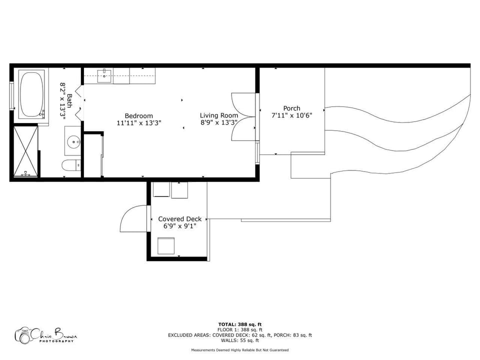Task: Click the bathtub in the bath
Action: pos(31,93)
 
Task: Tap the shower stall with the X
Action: pos(26,151)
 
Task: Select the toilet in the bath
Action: pos(71,165)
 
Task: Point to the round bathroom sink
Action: pos(74,141)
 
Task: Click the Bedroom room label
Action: pos(138,116)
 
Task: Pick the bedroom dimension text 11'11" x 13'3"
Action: pos(138,122)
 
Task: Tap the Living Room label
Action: pos(218,115)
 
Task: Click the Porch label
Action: pos(291,108)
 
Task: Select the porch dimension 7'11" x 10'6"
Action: pos(291,115)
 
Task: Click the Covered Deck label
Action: pos(180,219)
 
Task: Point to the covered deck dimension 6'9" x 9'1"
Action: pos(180,226)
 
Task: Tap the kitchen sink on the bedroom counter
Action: pos(104,75)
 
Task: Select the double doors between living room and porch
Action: pos(243,116)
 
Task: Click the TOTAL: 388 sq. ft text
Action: pos(240,324)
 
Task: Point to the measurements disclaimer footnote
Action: pos(240,350)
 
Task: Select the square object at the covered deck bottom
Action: pos(166,246)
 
